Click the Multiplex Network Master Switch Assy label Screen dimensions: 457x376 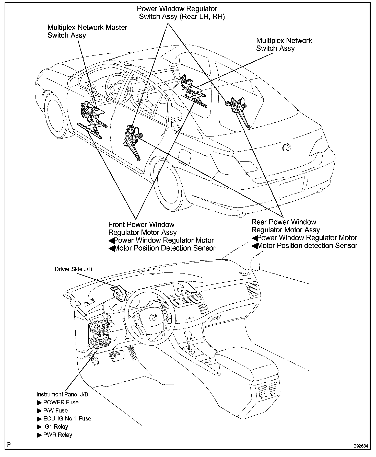click(x=87, y=31)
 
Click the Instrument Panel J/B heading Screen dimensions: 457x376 click(x=62, y=394)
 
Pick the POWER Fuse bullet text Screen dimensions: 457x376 click(x=61, y=402)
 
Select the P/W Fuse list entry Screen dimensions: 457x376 click(x=55, y=410)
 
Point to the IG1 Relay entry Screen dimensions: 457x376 click(x=55, y=427)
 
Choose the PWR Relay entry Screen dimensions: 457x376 click(x=57, y=435)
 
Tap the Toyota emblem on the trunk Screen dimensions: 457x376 click(x=287, y=147)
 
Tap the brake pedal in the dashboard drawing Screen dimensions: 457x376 click(x=116, y=355)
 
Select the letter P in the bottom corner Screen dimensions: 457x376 click(x=9, y=444)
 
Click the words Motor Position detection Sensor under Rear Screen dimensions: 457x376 click(x=307, y=246)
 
